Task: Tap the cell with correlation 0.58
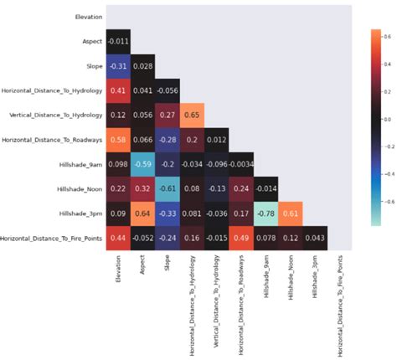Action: pyautogui.click(x=118, y=139)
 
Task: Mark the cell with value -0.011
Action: pyautogui.click(x=118, y=41)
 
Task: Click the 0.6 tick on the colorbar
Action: pyautogui.click(x=388, y=38)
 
